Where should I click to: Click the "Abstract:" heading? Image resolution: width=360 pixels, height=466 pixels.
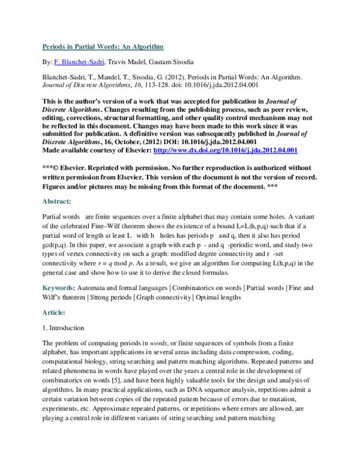tap(56, 201)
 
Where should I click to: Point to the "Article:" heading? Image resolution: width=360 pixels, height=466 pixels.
tap(53, 312)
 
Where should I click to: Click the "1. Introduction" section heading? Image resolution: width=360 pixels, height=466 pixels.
tap(62, 328)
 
